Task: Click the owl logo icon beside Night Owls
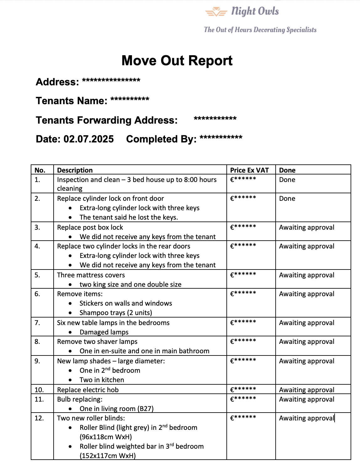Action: (216, 12)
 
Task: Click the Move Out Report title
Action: (177, 61)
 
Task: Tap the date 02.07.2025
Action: (88, 139)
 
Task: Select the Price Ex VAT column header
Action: (249, 170)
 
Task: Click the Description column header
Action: (75, 170)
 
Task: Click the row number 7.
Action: (37, 323)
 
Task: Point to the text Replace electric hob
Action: (88, 390)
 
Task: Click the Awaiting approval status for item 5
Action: (307, 275)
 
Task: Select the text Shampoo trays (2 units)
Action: (116, 313)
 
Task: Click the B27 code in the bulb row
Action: (145, 409)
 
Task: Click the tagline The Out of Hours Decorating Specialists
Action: (260, 30)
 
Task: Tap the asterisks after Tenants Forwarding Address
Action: (215, 119)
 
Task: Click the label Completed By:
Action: (161, 139)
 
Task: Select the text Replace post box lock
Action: (90, 227)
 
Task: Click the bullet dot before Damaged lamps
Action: (70, 332)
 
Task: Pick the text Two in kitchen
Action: (102, 380)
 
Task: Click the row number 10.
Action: (39, 390)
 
